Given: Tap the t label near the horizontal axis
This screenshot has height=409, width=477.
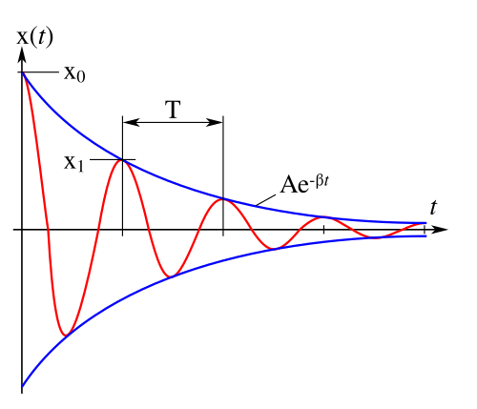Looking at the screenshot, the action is click(433, 208).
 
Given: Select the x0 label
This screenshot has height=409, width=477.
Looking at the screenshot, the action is click(74, 74).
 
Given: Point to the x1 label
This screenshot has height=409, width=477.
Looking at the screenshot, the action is click(73, 163).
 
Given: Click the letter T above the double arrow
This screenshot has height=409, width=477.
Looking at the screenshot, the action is click(173, 109).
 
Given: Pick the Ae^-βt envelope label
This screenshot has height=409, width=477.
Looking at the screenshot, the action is click(304, 184).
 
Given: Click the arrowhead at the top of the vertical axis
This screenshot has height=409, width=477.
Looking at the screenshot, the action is click(22, 54).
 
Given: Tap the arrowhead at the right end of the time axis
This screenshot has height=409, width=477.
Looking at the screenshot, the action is click(440, 229).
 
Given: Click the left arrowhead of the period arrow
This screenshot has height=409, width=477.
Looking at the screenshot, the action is click(131, 122).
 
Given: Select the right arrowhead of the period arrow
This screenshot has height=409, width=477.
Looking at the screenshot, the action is click(215, 122).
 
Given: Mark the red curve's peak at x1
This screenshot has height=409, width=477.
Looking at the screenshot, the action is click(122, 160).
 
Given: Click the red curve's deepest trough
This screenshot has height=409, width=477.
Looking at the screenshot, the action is click(66, 335).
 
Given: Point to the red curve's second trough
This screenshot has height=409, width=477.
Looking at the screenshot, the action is click(171, 276).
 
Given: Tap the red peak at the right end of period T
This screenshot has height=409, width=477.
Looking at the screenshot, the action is click(223, 199).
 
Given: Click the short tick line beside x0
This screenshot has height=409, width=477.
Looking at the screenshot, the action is click(41, 72).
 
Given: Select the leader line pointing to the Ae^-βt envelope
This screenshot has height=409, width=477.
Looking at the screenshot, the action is click(266, 200).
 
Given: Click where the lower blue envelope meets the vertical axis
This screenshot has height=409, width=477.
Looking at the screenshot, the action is click(22, 386).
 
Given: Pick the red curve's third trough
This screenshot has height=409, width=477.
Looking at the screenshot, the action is click(273, 248).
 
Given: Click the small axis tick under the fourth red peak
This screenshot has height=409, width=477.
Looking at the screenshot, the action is click(323, 230).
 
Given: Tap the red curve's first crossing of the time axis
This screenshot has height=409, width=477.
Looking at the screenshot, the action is click(48, 229).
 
